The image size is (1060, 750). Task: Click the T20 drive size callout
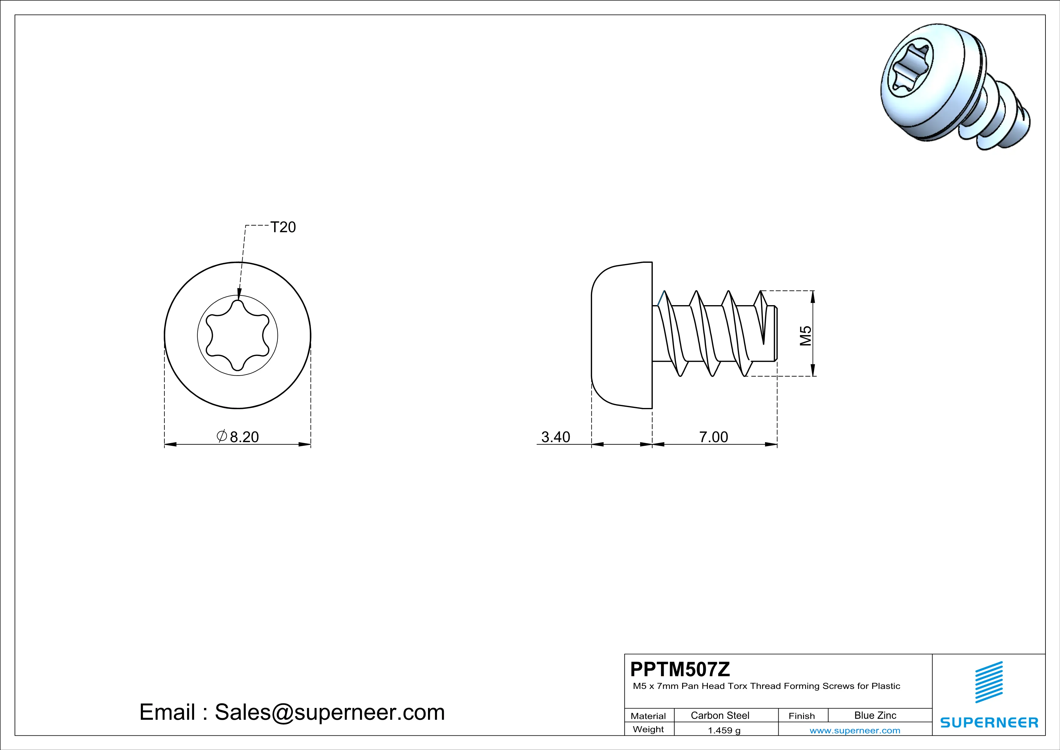tap(283, 227)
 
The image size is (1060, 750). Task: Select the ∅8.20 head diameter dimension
tap(238, 436)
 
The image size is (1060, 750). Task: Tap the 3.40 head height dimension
tap(556, 436)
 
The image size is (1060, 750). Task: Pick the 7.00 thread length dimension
tap(713, 436)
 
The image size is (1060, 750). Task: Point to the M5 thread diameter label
tap(805, 336)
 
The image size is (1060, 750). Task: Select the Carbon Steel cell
tap(720, 715)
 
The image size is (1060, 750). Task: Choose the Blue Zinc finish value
tap(875, 715)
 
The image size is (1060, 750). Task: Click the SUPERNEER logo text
tap(989, 722)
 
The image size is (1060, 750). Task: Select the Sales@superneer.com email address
tap(330, 712)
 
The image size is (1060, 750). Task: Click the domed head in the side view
tap(621, 335)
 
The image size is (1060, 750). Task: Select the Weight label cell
tap(648, 729)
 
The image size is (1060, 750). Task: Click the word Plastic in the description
tap(886, 686)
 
